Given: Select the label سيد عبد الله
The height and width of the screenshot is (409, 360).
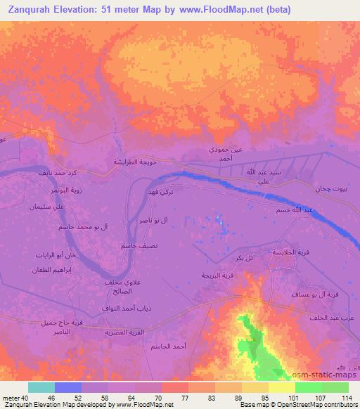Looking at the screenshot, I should (x=246, y=172).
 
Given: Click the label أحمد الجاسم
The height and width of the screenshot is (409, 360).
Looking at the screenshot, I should (x=167, y=347).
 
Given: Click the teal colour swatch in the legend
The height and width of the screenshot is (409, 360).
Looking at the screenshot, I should (x=41, y=387).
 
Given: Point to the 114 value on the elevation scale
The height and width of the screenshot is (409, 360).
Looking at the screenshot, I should (x=347, y=398).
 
